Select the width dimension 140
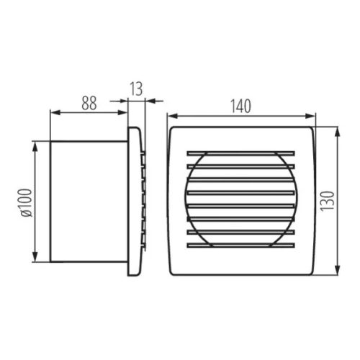(240, 105)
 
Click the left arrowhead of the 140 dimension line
(171, 115)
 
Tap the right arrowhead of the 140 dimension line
(312, 115)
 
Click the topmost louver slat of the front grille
(240, 153)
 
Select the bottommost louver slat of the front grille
(240, 245)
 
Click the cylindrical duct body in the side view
(88, 202)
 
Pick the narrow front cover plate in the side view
(133, 202)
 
